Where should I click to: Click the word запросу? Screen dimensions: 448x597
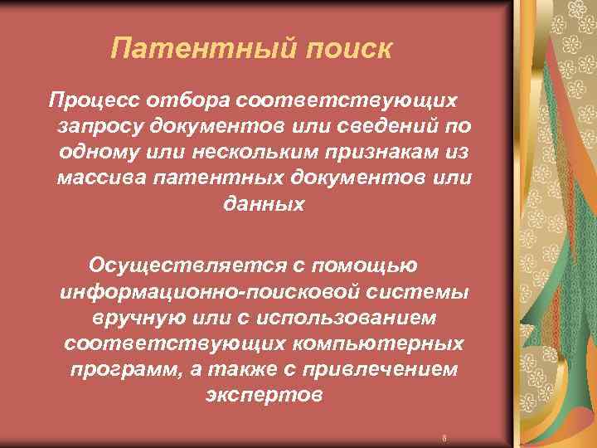click(99, 127)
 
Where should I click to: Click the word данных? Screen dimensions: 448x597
click(264, 204)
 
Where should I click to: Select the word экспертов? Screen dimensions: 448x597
click(263, 395)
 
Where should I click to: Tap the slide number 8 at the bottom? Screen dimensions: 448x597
click(445, 437)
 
